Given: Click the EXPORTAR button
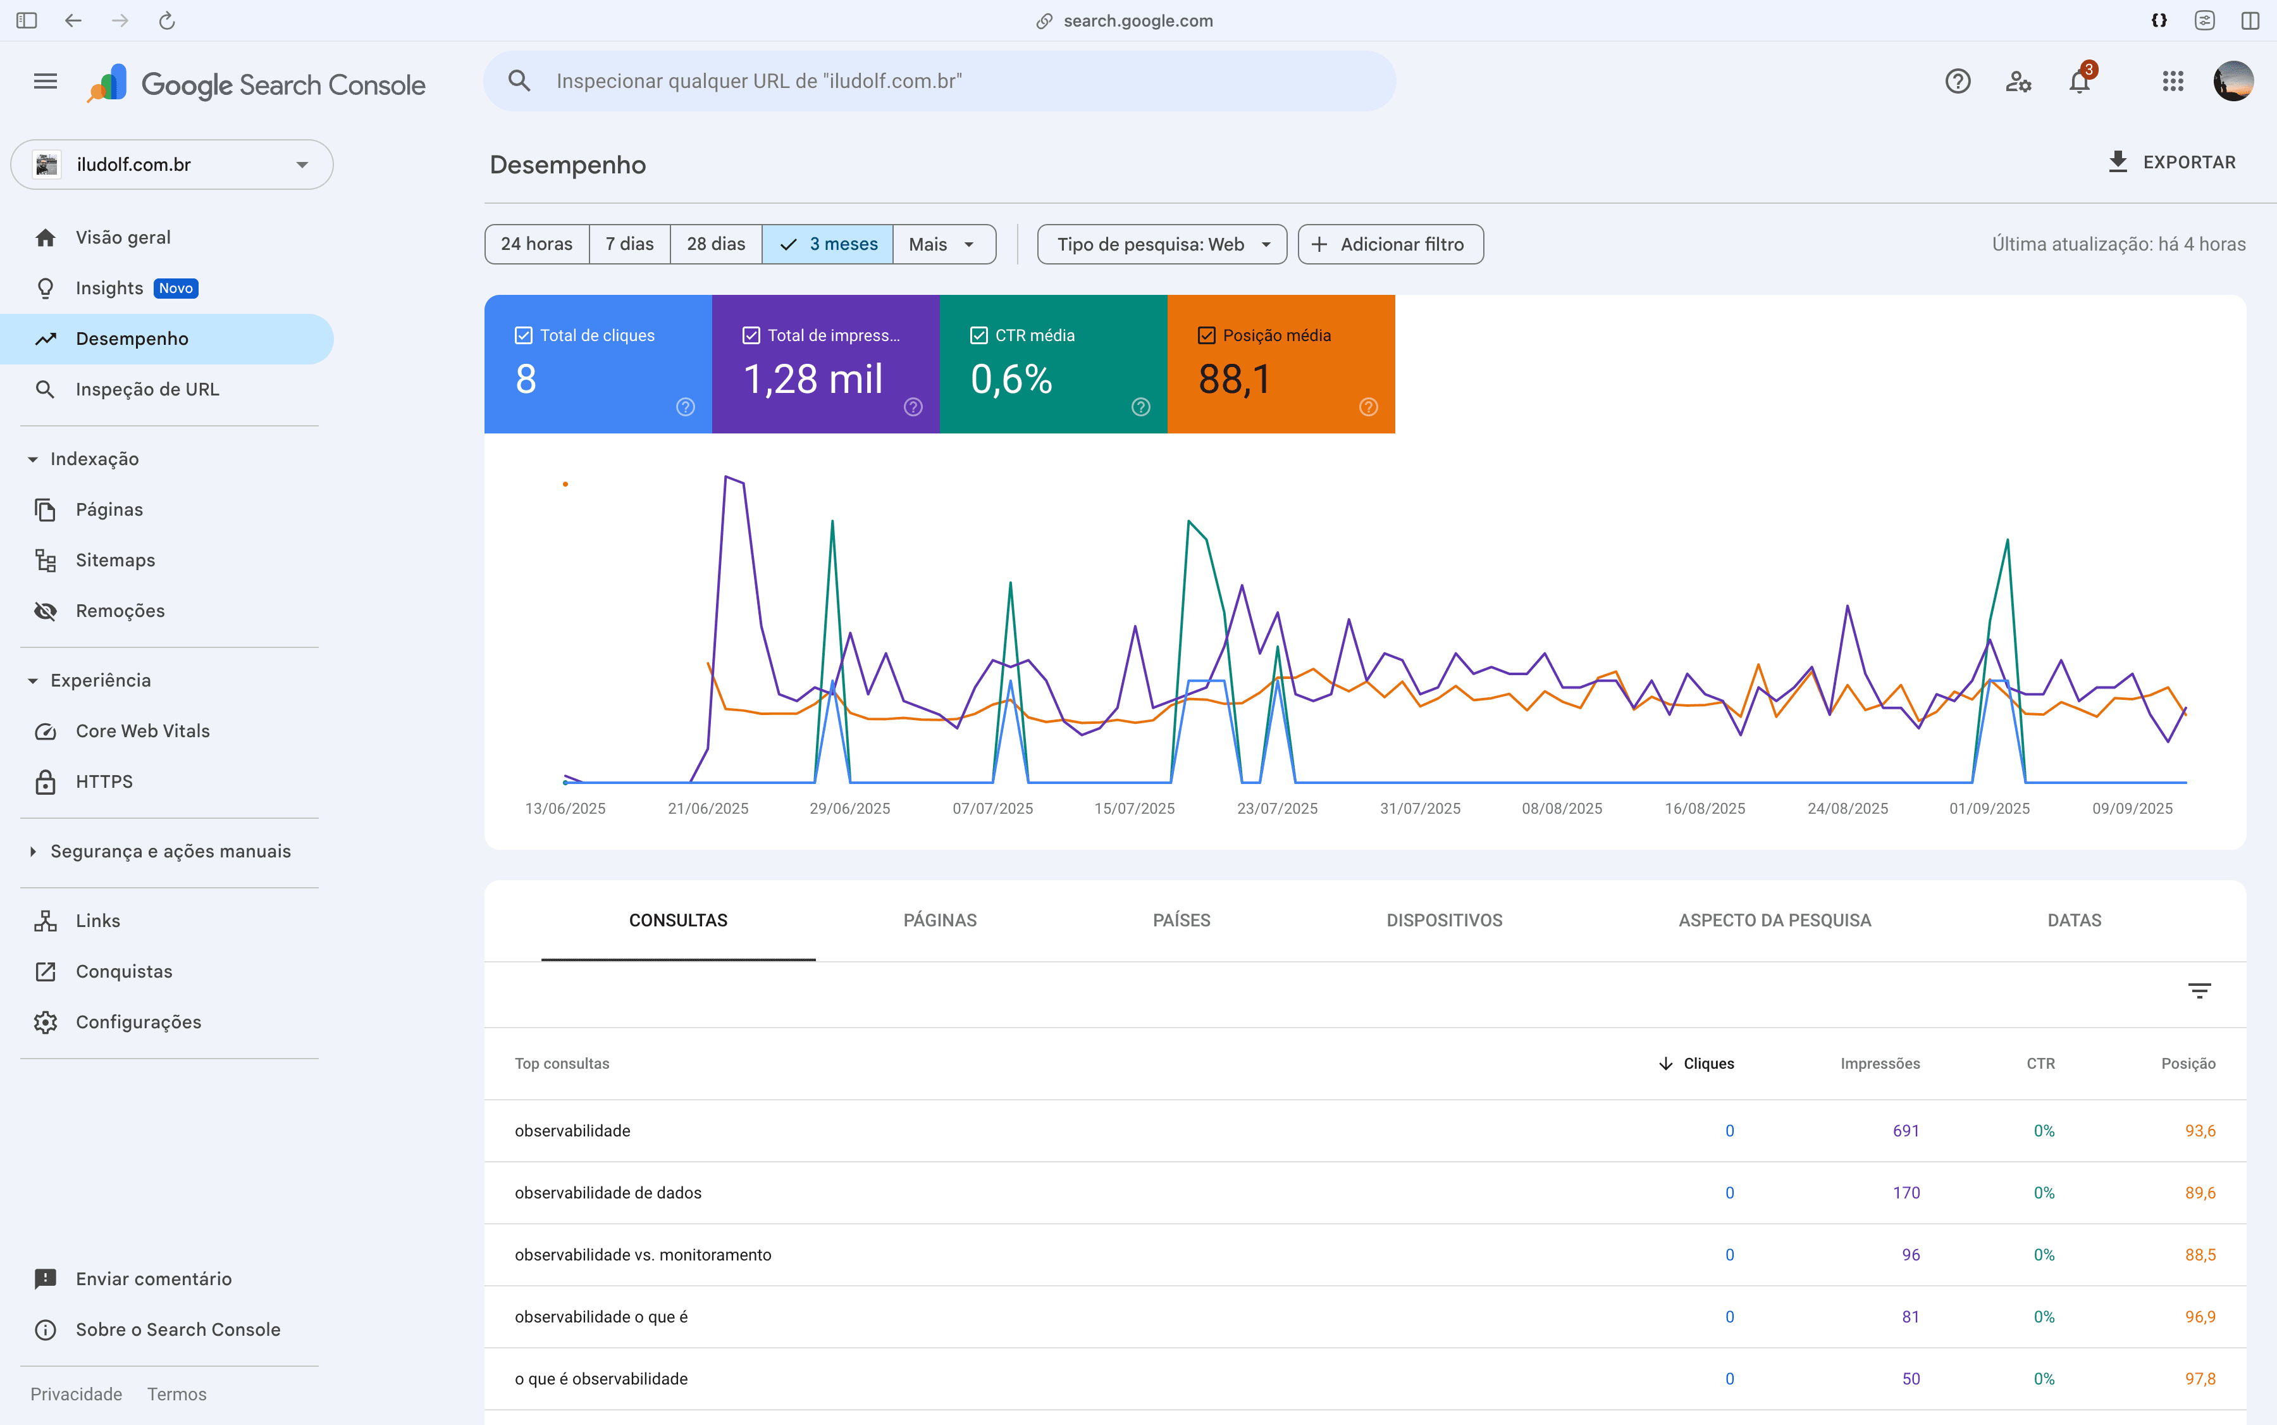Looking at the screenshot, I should tap(2171, 162).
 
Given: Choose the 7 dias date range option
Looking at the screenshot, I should tap(629, 244).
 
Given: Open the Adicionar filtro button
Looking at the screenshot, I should tap(1390, 244).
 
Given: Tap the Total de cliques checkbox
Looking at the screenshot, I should tap(524, 335).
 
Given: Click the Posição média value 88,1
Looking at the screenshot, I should tap(1234, 379).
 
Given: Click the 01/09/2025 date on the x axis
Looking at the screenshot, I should tap(1989, 809).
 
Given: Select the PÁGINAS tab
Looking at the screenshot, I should tap(939, 920).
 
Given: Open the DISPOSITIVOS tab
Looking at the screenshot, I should tap(1443, 920).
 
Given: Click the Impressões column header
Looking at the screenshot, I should tap(1879, 1063).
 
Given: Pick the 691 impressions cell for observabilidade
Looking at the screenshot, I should tap(1905, 1131).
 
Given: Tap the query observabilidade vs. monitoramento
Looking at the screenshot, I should tap(643, 1254).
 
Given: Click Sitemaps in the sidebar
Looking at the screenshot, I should tap(115, 560).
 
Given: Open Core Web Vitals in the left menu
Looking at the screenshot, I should tap(142, 730).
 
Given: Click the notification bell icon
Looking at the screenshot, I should tap(2079, 82).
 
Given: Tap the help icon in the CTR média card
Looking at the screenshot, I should tap(1140, 407).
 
